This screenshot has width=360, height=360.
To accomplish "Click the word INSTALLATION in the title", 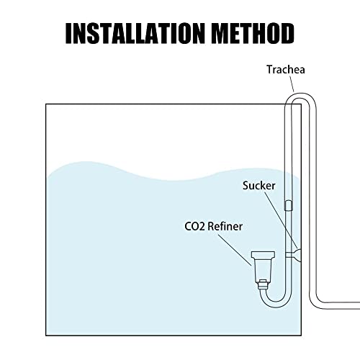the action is pos(135,33).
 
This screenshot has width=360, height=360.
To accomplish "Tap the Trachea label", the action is pos(286,70).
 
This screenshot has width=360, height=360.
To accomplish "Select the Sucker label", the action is pos(258,186).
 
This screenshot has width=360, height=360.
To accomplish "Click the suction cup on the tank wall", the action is pos(297,255).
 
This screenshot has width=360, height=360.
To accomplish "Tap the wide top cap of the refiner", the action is pos(263,255).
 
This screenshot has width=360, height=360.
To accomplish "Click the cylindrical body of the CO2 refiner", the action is pos(263,269).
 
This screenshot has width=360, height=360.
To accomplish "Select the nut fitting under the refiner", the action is pos(263,284).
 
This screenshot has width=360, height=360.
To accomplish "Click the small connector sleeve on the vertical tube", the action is pos(288,206).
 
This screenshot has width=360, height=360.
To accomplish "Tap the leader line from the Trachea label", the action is pos(292,84).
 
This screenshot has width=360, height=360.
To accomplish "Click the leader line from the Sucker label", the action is pos(282,220).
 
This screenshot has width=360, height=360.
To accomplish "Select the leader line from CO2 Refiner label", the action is pos(235,250).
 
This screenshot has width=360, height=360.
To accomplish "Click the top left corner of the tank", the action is pos(46,104).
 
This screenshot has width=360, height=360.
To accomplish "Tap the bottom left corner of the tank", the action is pos(46,336).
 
